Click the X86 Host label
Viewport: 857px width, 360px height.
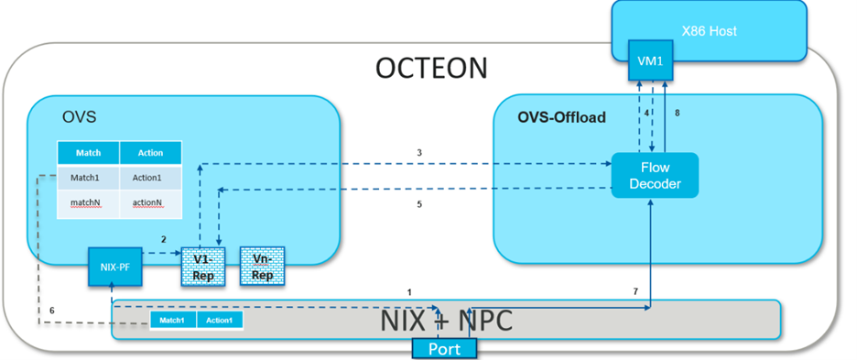[709, 31]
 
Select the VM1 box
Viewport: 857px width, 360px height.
[650, 60]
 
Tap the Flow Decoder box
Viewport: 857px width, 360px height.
[655, 176]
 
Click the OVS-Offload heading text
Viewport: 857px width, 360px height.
[561, 117]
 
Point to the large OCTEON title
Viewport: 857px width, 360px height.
[431, 69]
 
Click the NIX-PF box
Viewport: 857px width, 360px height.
[114, 267]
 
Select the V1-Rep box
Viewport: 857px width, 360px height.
[202, 267]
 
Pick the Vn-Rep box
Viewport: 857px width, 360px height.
[262, 267]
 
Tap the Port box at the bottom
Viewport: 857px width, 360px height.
[444, 348]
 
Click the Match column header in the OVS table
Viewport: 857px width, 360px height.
[89, 153]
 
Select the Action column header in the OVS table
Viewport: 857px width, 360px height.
[150, 153]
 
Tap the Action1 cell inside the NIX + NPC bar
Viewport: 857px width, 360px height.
[219, 320]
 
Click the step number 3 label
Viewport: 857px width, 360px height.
[419, 152]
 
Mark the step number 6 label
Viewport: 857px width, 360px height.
[52, 311]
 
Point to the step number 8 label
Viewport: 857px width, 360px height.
[678, 114]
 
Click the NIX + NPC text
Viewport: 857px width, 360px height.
[447, 321]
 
